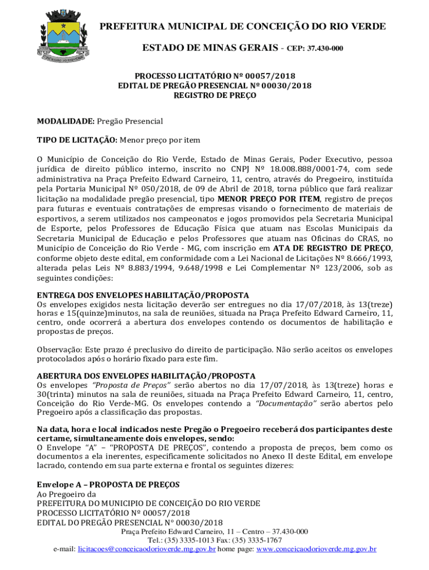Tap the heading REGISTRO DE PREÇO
click(x=214, y=95)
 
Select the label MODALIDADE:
click(x=66, y=121)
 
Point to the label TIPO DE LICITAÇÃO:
click(x=77, y=140)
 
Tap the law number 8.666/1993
click(x=364, y=258)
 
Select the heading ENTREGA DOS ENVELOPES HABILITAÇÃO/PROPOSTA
click(x=143, y=295)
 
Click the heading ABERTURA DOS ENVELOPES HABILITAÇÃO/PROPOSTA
click(x=146, y=376)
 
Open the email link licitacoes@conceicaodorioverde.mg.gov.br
click(x=147, y=549)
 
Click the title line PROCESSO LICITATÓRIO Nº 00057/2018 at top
click(x=214, y=76)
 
